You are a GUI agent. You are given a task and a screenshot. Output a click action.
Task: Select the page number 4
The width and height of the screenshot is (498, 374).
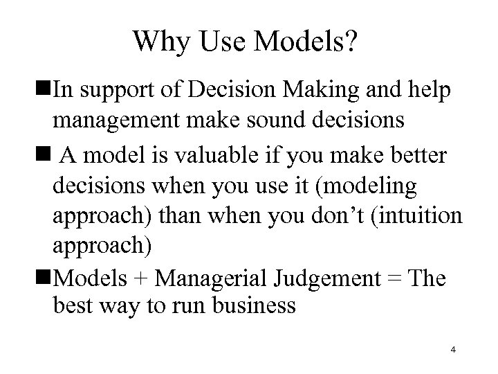tap(452, 350)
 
